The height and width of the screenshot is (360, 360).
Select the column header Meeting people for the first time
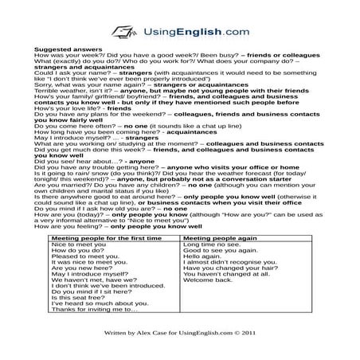click(106, 238)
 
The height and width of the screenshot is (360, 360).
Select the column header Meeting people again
click(220, 238)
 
